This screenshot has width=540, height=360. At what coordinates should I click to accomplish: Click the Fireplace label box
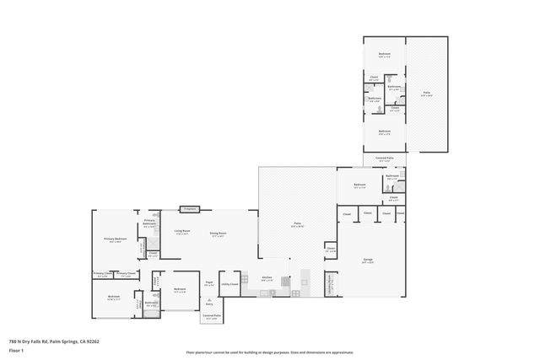[x=189, y=209]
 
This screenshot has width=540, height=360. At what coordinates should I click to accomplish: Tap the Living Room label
[x=181, y=233]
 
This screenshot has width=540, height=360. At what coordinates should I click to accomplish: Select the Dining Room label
[x=217, y=234]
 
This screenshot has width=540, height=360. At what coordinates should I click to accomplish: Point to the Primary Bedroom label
[x=116, y=240]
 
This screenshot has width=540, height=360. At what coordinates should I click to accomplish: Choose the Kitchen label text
[x=266, y=279]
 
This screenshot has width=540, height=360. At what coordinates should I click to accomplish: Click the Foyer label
[x=209, y=285]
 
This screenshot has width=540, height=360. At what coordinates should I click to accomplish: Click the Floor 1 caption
[x=16, y=350]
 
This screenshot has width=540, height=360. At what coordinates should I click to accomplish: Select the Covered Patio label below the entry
[x=211, y=317]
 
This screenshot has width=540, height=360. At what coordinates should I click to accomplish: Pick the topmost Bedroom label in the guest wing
[x=385, y=55]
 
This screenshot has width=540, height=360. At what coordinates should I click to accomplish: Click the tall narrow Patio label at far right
[x=427, y=94]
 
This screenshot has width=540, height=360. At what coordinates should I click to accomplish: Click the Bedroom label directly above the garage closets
[x=359, y=185]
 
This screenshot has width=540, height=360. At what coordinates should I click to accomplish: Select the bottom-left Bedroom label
[x=114, y=297]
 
